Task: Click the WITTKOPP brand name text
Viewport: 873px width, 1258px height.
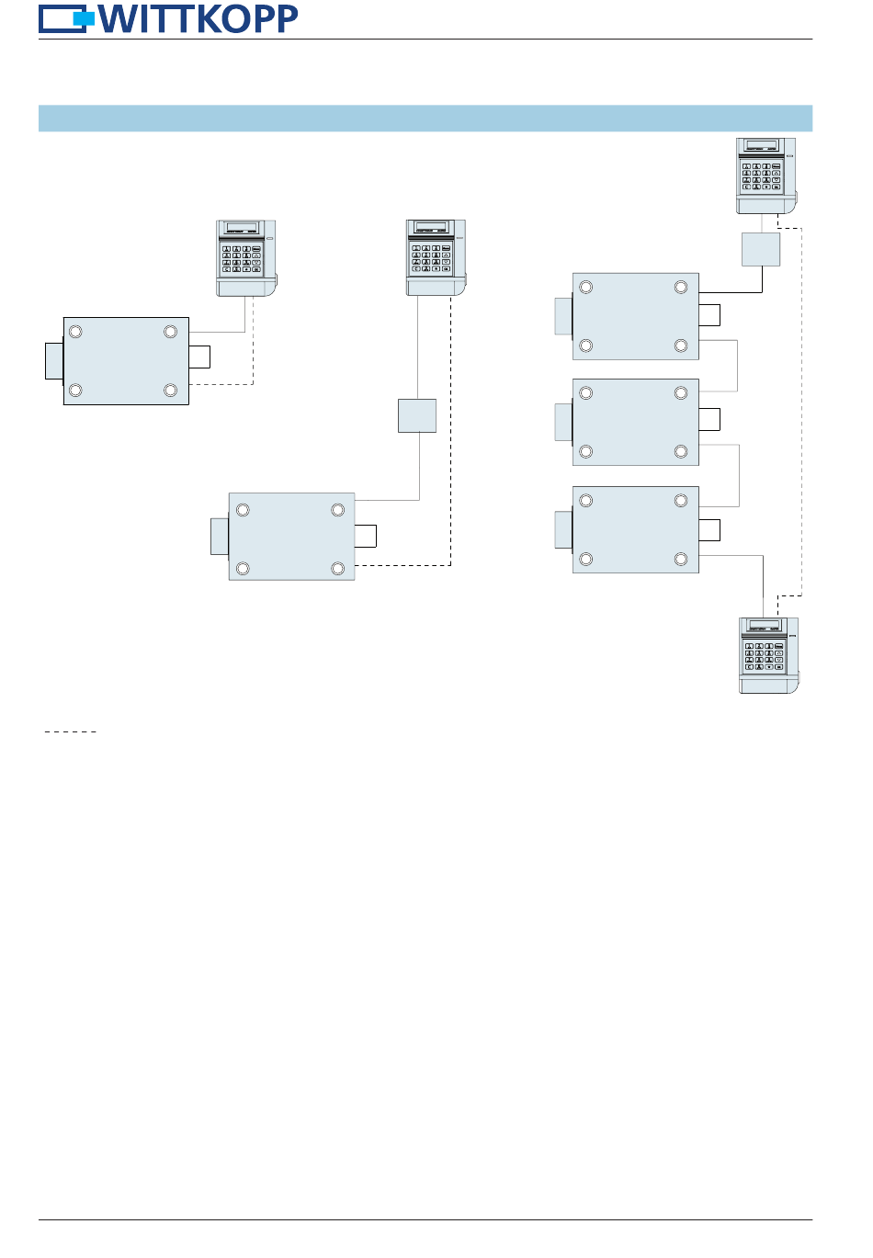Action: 198,18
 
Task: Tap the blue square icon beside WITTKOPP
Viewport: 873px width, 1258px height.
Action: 84,18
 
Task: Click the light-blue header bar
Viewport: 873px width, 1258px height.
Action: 425,119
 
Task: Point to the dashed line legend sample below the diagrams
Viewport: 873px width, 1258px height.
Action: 71,731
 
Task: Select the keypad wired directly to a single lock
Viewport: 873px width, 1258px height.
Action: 245,258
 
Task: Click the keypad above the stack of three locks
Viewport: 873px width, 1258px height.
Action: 765,176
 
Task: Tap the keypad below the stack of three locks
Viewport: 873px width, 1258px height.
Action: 768,654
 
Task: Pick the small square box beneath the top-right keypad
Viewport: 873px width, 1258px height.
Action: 761,249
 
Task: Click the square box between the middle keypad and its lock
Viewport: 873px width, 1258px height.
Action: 417,415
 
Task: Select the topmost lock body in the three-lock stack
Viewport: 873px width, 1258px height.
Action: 636,316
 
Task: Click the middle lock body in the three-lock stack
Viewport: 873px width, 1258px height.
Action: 636,422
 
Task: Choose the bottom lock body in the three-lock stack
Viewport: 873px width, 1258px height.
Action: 636,529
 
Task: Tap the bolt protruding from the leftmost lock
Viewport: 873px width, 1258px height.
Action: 54,361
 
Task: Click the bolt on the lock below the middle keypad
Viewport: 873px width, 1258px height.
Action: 220,537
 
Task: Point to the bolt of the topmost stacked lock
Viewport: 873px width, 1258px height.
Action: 563,315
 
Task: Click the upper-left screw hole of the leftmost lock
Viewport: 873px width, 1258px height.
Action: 76,332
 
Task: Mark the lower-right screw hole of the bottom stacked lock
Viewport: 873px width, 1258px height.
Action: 681,559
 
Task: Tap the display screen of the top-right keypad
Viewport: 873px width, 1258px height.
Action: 763,145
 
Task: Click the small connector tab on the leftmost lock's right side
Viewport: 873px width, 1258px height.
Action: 199,357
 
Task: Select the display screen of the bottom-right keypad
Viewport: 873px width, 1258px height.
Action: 765,625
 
